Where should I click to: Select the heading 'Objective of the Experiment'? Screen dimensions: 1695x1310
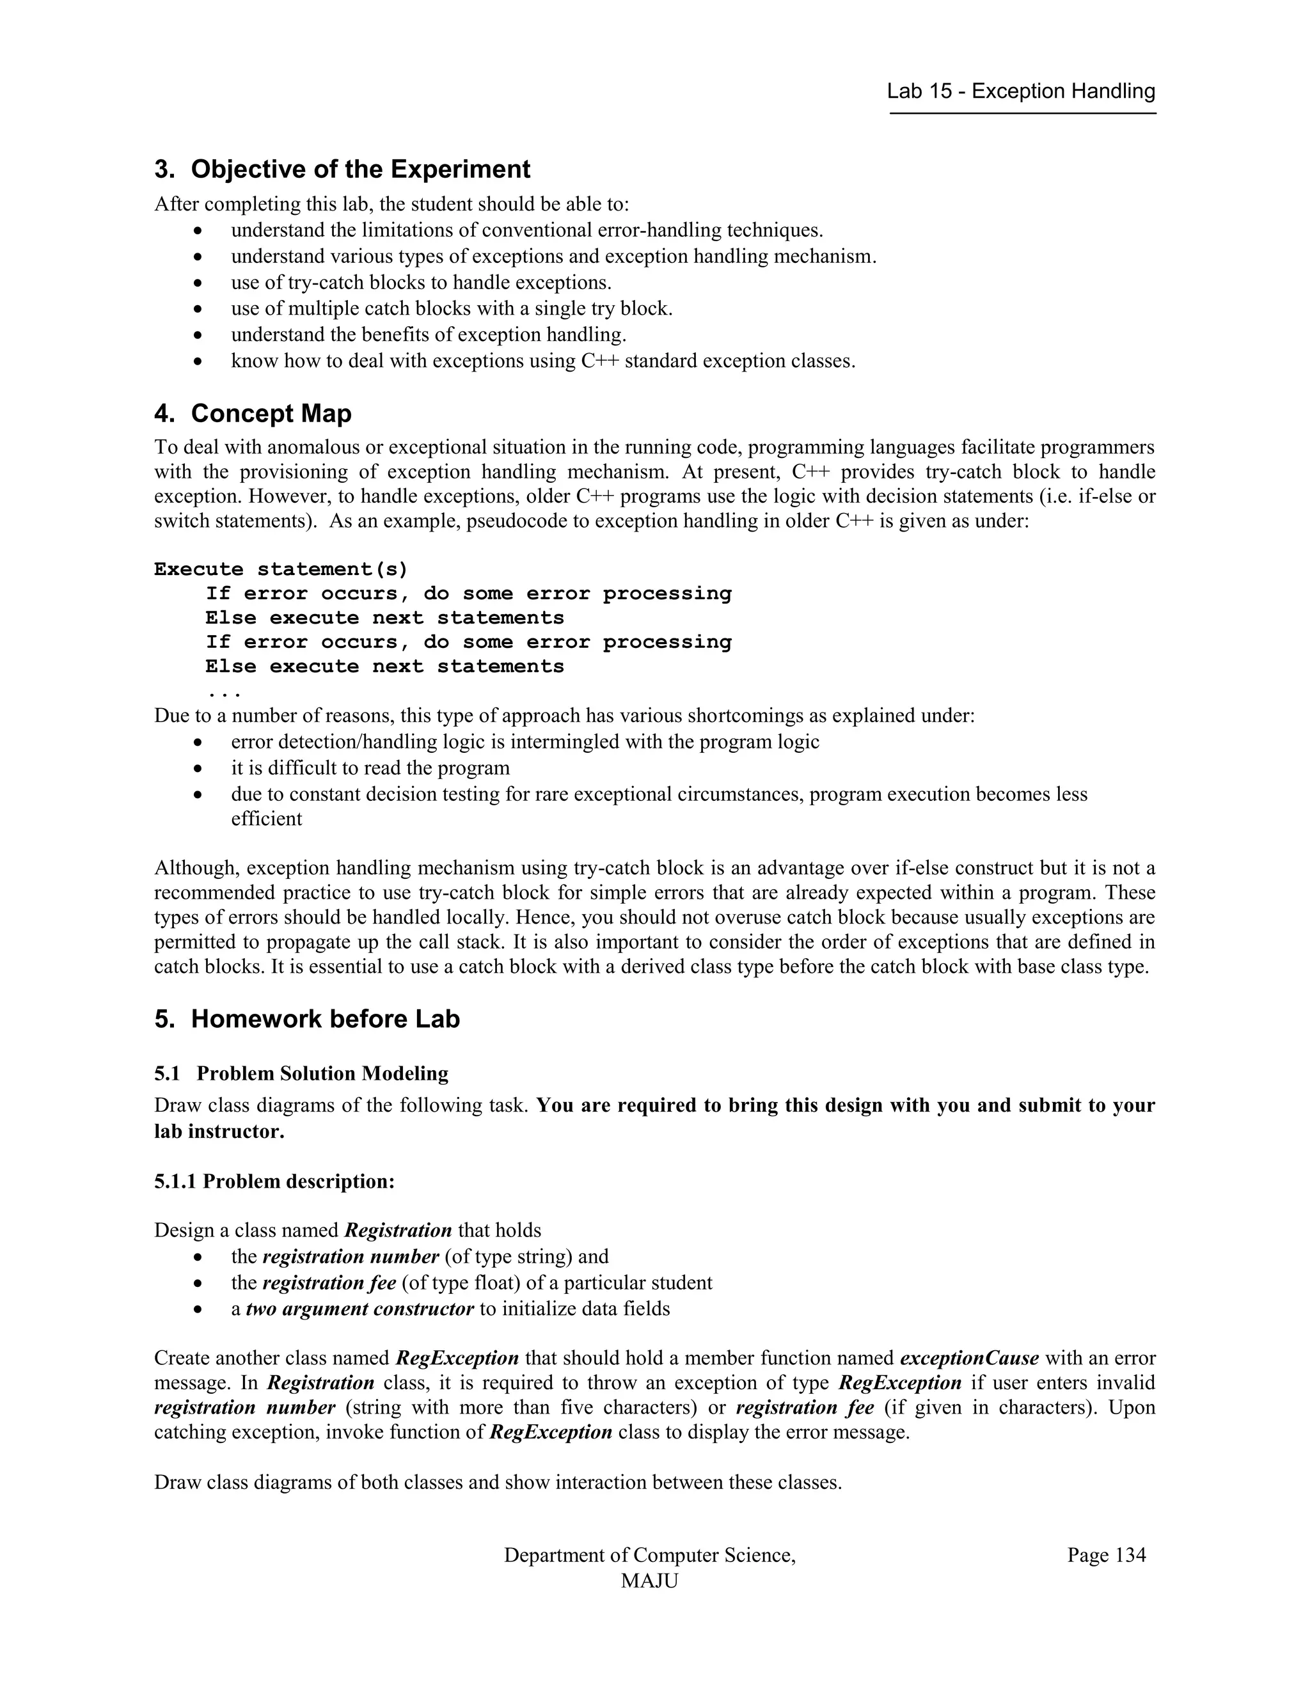coord(360,169)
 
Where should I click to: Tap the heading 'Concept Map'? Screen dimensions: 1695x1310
coord(271,414)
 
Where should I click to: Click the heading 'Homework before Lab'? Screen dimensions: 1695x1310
coord(325,1019)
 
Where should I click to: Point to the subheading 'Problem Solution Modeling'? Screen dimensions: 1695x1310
coord(322,1073)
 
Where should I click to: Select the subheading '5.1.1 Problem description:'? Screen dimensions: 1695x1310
coord(274,1181)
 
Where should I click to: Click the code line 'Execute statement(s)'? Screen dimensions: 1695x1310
coord(281,570)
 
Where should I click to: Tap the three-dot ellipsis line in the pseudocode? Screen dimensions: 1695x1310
coord(223,691)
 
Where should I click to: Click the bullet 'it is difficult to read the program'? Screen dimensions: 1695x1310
coord(370,768)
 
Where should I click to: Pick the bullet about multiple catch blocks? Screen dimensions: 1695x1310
coord(452,309)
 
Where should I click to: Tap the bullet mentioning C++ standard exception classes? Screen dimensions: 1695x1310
coord(543,361)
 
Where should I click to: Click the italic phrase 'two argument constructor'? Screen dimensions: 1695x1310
coord(359,1309)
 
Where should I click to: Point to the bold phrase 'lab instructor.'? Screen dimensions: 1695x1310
coord(219,1131)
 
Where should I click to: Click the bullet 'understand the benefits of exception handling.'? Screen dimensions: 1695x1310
coord(429,335)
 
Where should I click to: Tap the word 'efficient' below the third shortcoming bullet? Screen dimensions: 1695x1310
coord(266,819)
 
